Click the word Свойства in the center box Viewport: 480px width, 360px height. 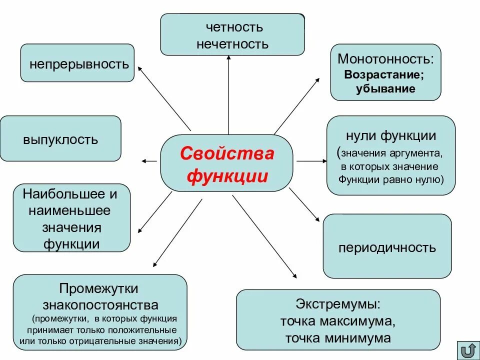coord(227,153)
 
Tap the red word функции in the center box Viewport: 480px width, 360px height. coord(227,176)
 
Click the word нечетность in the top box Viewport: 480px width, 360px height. coord(232,44)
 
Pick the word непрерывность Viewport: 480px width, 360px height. coord(79,64)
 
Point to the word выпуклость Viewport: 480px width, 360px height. coord(60,139)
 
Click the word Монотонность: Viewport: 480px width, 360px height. coord(385,59)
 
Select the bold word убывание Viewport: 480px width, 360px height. coord(385,89)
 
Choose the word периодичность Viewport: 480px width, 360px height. coord(387,247)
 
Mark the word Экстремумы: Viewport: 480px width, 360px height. coord(338,304)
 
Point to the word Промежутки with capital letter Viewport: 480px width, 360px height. coord(98,289)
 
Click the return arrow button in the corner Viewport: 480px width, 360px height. coord(468,349)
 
